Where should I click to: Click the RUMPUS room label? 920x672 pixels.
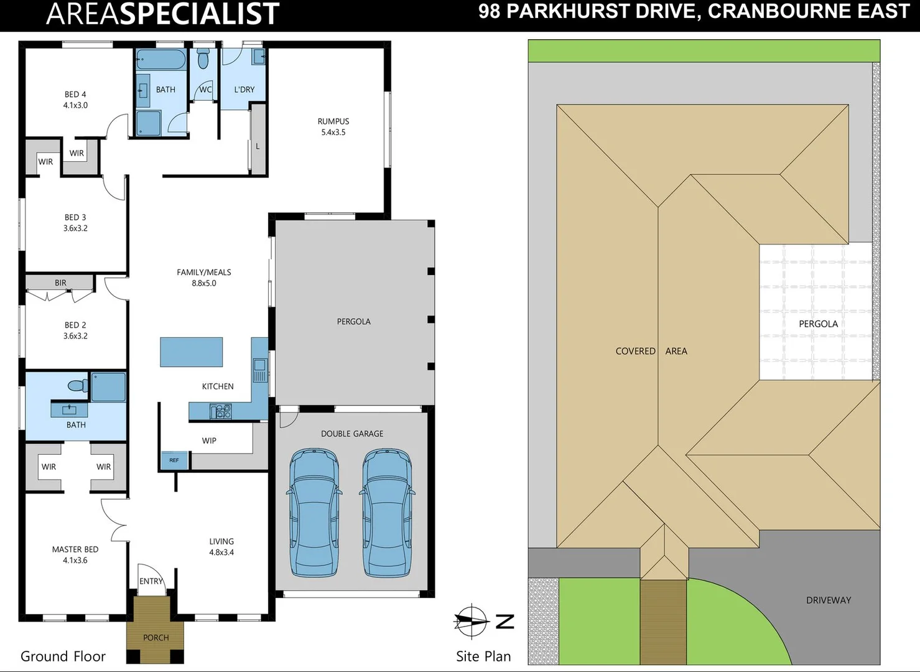(333, 121)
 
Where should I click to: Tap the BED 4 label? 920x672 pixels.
(75, 95)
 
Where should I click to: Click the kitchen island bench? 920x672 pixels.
(192, 352)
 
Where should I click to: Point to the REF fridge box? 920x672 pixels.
(174, 460)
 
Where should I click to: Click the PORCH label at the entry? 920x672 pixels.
(156, 638)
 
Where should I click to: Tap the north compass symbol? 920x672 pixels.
(472, 621)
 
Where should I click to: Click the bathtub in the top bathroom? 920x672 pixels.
(161, 61)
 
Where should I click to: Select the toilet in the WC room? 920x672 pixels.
(203, 60)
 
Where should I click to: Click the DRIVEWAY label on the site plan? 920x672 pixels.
(829, 600)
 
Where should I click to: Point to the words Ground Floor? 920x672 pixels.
(63, 656)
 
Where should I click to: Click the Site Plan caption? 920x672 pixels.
(483, 656)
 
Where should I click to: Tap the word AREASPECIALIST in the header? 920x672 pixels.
(163, 14)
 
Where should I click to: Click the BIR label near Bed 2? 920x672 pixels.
(60, 283)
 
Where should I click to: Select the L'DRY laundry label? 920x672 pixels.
(244, 90)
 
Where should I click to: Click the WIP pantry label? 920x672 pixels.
(209, 441)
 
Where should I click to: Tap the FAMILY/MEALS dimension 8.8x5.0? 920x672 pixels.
(204, 283)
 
